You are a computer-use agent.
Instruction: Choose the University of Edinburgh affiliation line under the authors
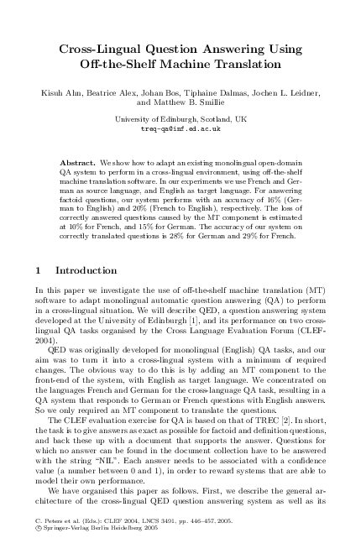tap(180, 120)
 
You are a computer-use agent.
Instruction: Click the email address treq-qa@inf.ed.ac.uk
tap(180, 130)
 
